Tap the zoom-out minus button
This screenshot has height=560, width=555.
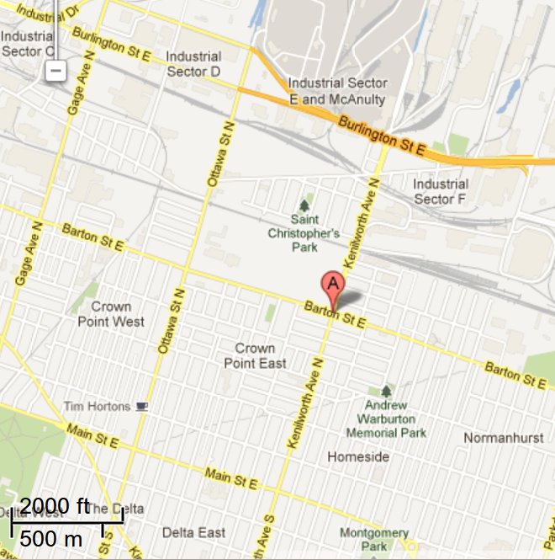tap(55, 71)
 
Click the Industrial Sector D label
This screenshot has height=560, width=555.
tap(193, 64)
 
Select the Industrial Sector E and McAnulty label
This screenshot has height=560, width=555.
tap(337, 92)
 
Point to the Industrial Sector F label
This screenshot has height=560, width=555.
tap(440, 191)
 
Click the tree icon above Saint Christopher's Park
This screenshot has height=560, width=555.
tap(304, 205)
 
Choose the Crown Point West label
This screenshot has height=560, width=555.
tap(111, 314)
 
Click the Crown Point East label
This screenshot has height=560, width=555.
tap(255, 355)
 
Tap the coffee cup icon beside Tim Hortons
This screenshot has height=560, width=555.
tap(142, 407)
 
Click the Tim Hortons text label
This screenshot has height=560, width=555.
tap(97, 407)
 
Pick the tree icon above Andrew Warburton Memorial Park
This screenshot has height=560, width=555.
tap(386, 392)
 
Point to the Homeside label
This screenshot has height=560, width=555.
tap(358, 456)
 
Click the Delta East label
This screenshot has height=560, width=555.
tap(193, 532)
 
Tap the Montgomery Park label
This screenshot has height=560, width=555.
tap(374, 539)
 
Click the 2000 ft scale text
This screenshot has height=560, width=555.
tap(55, 506)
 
